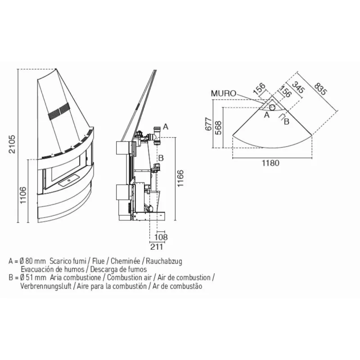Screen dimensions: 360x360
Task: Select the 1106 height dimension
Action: click(23, 195)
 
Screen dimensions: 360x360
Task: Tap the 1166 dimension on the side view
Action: click(181, 178)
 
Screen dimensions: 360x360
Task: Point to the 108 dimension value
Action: click(161, 237)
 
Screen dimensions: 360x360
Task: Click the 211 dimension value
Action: click(157, 247)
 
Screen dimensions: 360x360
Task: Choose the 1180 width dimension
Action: click(271, 163)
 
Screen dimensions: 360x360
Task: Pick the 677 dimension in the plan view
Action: click(208, 124)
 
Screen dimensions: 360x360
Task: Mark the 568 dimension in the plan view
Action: click(218, 128)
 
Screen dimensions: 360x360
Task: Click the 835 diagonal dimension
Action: click(320, 89)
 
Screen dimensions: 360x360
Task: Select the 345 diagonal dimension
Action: click(298, 87)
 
